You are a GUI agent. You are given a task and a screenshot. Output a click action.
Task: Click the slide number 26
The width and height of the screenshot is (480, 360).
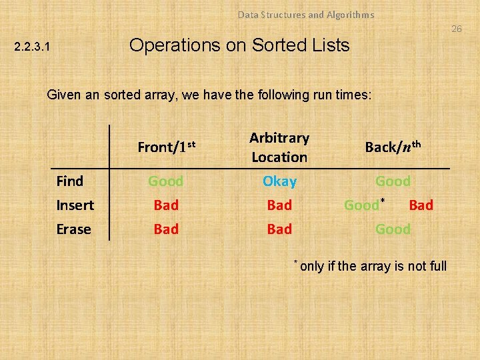coord(456,29)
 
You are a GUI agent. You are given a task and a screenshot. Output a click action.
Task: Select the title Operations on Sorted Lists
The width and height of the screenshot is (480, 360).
coord(239,45)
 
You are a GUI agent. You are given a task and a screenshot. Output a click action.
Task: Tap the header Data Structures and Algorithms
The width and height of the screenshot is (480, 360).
coord(306,15)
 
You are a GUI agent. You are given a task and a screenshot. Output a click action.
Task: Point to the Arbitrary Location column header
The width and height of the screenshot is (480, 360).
coord(279,147)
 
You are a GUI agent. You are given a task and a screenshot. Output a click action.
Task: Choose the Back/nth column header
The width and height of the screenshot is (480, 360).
coord(393,147)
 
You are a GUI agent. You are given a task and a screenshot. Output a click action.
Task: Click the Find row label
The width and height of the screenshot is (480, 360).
coord(70,181)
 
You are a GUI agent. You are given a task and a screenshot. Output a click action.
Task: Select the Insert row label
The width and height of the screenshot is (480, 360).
coord(75,205)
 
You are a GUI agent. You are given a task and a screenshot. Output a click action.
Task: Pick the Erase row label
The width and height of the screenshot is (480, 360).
coord(73,229)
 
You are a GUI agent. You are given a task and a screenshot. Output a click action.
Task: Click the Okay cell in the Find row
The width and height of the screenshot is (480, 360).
coord(279,181)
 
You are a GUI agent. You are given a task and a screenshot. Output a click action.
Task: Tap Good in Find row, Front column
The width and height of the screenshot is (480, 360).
coord(166,181)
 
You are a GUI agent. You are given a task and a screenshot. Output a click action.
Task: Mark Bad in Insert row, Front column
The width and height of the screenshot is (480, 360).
coord(166,205)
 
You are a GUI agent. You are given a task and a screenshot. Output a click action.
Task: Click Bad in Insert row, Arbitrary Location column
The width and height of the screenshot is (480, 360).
coord(279,205)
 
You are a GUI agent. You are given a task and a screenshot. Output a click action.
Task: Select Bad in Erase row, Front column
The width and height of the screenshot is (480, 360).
coord(166,229)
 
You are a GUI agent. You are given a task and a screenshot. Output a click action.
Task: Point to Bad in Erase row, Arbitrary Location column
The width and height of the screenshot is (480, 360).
coord(279,229)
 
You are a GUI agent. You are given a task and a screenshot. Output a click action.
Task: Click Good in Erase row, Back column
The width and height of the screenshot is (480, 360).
coord(393,229)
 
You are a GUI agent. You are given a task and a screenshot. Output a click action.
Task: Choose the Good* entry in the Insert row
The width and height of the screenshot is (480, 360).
coord(364,205)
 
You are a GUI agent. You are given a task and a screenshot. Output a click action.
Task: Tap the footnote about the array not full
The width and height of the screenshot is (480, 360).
coord(372,267)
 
